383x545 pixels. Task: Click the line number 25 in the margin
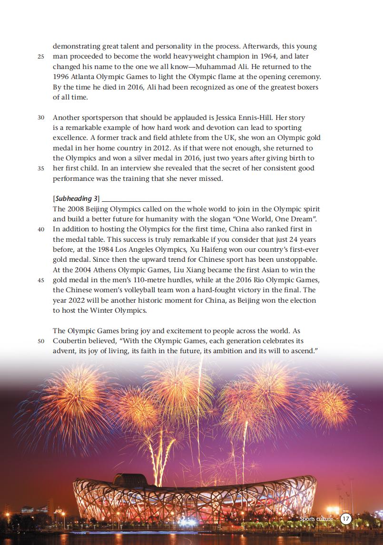tap(41, 57)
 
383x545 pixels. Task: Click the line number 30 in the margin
tap(41, 117)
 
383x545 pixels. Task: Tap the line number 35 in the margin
tap(41, 168)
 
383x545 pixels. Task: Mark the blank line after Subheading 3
tap(146, 199)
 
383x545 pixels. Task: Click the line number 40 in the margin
tap(41, 229)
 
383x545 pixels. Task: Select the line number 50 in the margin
tap(41, 341)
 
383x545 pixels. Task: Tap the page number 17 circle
tap(346, 518)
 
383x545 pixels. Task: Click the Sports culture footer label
tap(316, 518)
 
